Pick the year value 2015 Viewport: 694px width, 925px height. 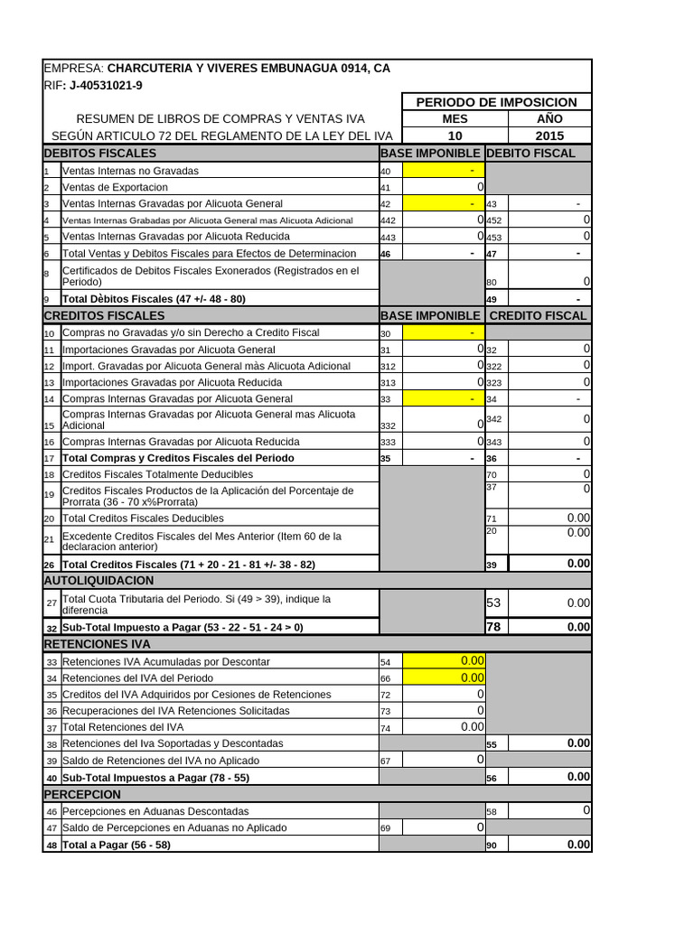(549, 135)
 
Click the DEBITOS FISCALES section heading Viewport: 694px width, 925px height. (100, 153)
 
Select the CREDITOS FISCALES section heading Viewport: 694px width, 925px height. (104, 315)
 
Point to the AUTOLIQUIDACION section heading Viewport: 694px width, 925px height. (98, 580)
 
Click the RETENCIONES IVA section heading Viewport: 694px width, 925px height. (97, 644)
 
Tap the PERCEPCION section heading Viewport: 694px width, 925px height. (82, 794)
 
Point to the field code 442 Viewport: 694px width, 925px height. (388, 220)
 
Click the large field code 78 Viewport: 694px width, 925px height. (493, 627)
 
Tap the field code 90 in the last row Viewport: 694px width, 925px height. (492, 846)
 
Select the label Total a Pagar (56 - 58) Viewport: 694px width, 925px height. (116, 845)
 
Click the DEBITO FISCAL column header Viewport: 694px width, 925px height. (530, 153)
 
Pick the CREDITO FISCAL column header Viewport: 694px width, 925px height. (538, 315)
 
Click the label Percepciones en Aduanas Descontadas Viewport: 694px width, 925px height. (155, 811)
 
